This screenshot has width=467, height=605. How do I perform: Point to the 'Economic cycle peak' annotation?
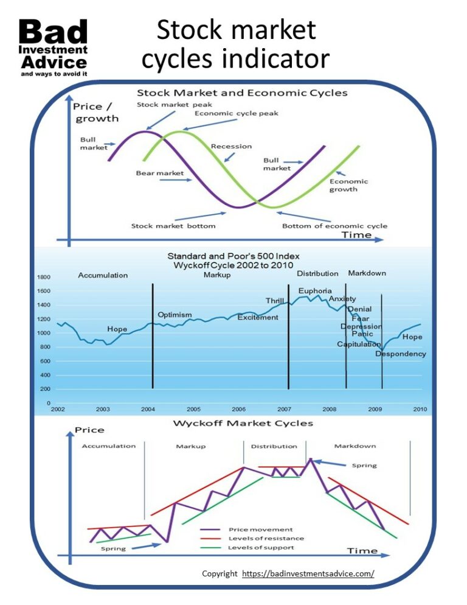[228, 114]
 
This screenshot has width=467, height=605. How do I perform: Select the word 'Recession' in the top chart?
[231, 146]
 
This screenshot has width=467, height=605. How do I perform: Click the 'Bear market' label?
[159, 173]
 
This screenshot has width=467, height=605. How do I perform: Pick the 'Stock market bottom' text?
[173, 226]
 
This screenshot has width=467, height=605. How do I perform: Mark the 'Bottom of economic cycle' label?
[334, 226]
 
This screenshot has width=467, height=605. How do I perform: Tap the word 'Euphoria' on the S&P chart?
[315, 291]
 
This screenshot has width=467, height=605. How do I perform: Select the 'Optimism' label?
[175, 315]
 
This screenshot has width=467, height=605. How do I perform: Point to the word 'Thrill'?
[275, 301]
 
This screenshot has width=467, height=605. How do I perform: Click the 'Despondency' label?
[401, 354]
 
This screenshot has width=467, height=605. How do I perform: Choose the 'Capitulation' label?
[359, 344]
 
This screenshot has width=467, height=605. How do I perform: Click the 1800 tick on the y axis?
[45, 278]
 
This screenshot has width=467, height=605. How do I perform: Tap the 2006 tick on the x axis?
[238, 409]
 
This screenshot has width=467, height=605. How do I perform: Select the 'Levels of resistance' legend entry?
[266, 538]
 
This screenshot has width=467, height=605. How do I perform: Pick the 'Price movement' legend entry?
[260, 529]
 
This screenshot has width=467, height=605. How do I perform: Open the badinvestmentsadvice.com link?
[308, 573]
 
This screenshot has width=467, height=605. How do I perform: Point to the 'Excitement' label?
[258, 317]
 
